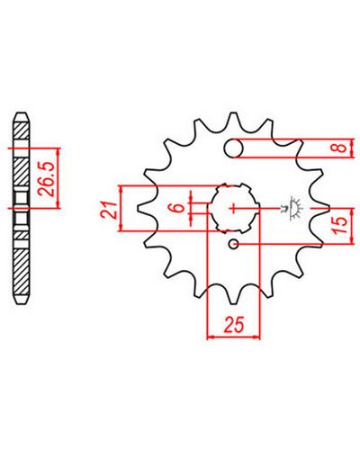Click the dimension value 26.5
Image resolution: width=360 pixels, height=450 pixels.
46,179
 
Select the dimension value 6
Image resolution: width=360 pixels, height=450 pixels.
179,208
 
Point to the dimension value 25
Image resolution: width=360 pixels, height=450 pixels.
234,324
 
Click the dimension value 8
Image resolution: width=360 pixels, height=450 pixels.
341,148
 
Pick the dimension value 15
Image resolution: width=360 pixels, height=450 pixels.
341,225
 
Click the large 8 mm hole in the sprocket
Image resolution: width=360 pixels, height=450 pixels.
234,148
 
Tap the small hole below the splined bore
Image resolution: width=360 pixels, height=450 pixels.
234,244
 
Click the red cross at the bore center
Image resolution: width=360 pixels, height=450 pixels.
233,208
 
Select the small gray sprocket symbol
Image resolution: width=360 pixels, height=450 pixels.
292,208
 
